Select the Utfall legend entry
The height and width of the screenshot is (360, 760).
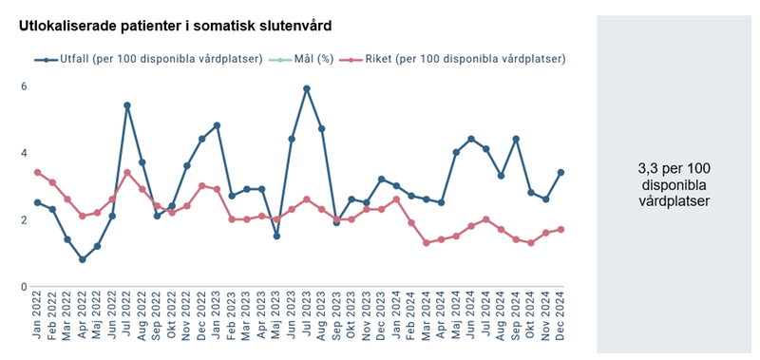click(147, 59)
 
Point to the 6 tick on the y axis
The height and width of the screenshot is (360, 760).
click(24, 86)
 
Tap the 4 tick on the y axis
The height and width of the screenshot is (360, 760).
click(24, 153)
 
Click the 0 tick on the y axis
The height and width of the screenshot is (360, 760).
click(24, 287)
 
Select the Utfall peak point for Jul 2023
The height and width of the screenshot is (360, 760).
click(307, 89)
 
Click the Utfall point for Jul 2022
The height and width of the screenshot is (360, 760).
click(127, 105)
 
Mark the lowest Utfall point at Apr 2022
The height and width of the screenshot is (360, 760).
click(82, 259)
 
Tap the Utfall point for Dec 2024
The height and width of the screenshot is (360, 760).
click(561, 172)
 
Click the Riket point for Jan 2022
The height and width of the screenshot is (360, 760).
click(37, 172)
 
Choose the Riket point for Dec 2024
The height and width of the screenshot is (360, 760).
click(561, 229)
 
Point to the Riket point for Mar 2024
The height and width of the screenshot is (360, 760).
click(427, 243)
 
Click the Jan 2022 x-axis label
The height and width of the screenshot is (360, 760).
click(38, 318)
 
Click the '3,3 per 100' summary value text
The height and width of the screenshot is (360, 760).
click(674, 168)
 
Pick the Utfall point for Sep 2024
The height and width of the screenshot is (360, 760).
click(517, 139)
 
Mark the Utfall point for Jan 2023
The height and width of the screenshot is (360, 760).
click(218, 125)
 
